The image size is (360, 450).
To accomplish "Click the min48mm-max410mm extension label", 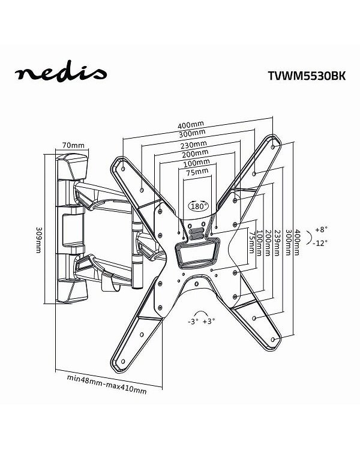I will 106,379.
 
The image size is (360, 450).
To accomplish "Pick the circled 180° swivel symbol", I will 199,205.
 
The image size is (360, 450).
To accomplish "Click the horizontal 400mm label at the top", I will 191,125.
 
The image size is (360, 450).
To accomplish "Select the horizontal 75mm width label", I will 197,172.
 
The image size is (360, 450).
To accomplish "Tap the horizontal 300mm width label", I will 191,133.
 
